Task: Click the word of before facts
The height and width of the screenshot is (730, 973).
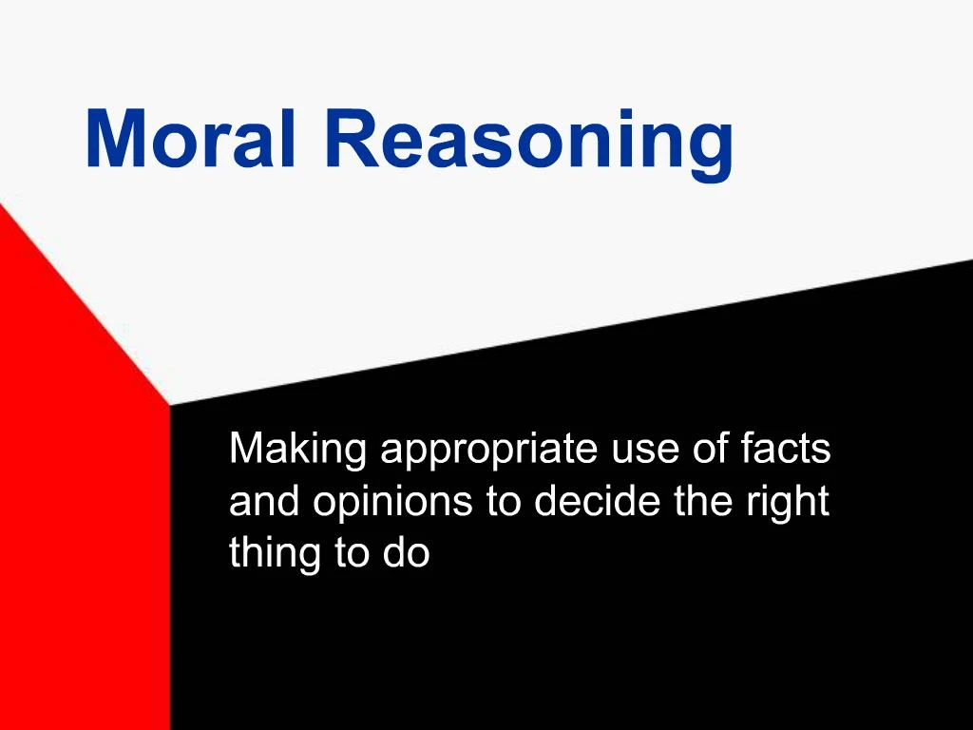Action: click(x=710, y=449)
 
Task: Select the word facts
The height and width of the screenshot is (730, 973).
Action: click(x=786, y=449)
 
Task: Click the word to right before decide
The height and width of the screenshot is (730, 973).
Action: click(x=504, y=502)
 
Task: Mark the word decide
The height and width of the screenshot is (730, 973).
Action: click(x=598, y=501)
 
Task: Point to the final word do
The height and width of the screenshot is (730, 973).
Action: click(x=407, y=554)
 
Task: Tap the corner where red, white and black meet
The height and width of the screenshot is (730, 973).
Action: click(x=170, y=405)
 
